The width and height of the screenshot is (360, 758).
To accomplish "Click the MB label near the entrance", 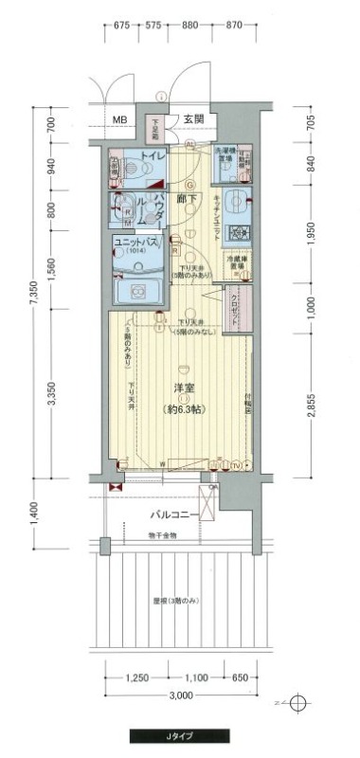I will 119,119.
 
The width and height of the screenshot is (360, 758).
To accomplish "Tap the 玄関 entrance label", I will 194,118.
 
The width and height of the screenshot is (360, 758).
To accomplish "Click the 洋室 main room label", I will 183,388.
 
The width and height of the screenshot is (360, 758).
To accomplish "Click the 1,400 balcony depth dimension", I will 33,513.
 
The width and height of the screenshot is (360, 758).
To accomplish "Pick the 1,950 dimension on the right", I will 312,234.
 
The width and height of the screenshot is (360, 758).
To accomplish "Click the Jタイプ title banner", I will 180,735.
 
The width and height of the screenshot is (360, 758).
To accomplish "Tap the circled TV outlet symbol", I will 234,465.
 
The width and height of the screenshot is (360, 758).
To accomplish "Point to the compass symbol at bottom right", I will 299,703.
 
